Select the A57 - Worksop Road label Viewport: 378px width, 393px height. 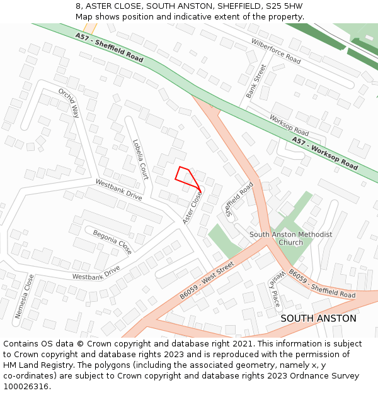click(325, 154)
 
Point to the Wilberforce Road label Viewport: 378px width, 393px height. click(276, 51)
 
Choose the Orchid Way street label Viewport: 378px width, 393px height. click(69, 103)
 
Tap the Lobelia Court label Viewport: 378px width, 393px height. click(140, 159)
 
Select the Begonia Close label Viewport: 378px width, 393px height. click(112, 241)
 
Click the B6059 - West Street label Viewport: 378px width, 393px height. click(206, 280)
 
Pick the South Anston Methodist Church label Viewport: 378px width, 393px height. click(290, 238)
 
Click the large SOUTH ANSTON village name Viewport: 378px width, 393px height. click(318, 318)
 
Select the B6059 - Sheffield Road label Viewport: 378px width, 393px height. click(321, 284)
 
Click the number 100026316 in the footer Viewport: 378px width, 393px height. click(26, 386)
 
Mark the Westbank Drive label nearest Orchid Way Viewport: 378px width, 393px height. click(118, 189)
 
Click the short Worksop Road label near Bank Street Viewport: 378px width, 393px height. click(289, 125)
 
